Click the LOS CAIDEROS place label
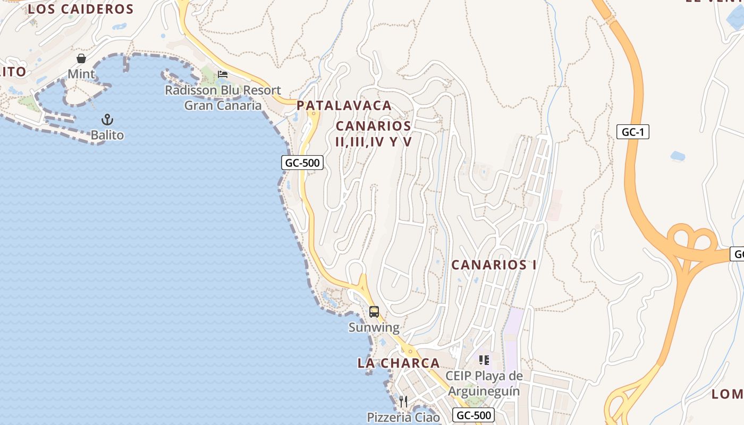coord(81,9)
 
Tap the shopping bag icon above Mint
coord(81,58)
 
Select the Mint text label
coord(81,74)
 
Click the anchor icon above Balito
coord(107,119)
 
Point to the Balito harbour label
coord(107,135)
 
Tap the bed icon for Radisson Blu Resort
coord(223,74)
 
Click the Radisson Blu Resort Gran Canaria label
coord(223,98)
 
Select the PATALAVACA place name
coord(344,106)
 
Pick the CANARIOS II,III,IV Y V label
coord(374,134)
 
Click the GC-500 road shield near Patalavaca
coord(302,163)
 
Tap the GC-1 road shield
coord(633,132)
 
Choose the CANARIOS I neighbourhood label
coord(494,265)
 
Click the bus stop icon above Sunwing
coord(374,311)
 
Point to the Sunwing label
coord(374,327)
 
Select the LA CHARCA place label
coord(399,363)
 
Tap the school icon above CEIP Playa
coord(484,360)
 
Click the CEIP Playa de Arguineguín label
coord(484,384)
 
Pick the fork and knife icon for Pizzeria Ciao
coord(403,401)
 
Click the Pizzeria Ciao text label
coord(403,417)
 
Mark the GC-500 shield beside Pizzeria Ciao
coord(474,415)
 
